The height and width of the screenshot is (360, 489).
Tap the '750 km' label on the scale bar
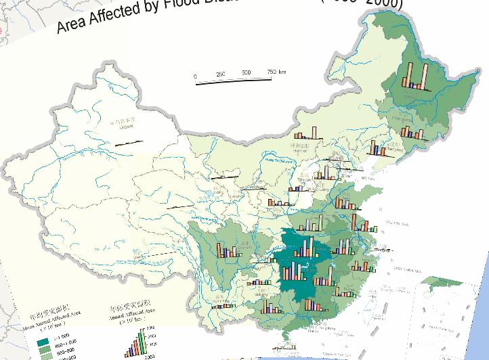tap(276, 72)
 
